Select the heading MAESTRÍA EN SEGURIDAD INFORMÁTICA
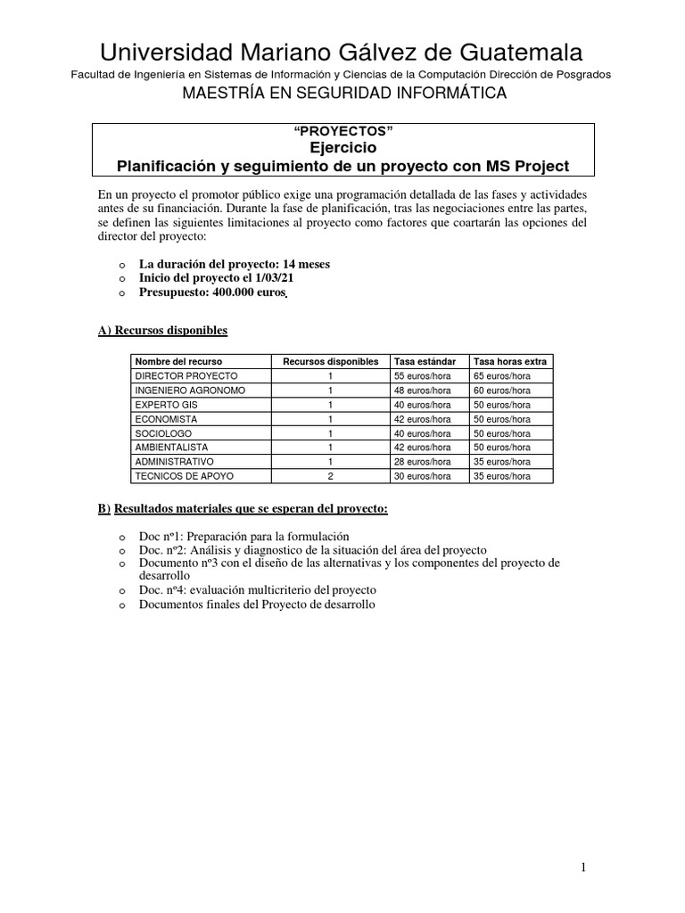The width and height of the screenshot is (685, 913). [343, 93]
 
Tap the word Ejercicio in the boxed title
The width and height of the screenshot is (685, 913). [342, 148]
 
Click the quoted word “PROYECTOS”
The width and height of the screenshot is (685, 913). [342, 131]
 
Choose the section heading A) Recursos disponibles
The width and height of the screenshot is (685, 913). [162, 331]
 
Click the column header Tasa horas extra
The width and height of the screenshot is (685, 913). [510, 361]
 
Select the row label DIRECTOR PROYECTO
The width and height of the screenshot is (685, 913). [186, 376]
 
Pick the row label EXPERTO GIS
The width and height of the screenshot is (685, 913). [166, 405]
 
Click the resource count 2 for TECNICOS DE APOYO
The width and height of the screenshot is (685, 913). [330, 476]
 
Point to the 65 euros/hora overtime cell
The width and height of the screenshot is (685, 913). [502, 376]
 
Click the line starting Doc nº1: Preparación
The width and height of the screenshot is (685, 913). [243, 537]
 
